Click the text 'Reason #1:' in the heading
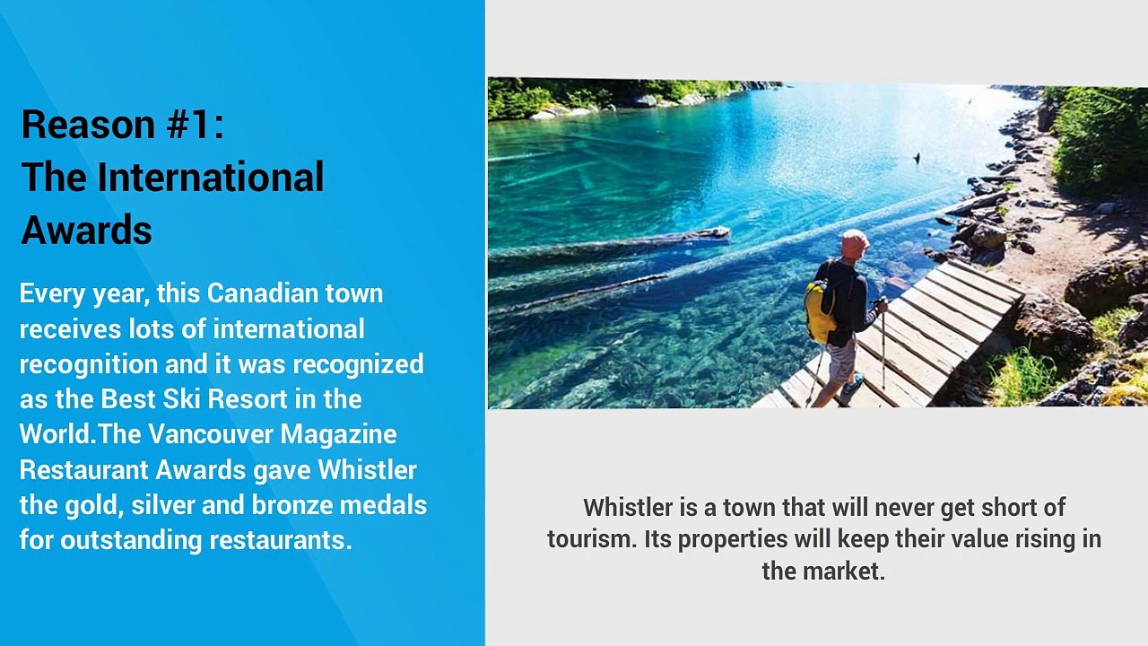coord(122,125)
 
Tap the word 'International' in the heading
coord(210,178)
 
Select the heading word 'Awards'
coord(86,231)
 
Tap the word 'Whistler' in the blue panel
coord(367,469)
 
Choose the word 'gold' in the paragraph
coord(92,504)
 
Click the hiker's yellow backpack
coord(820,310)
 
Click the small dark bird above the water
coord(917,159)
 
